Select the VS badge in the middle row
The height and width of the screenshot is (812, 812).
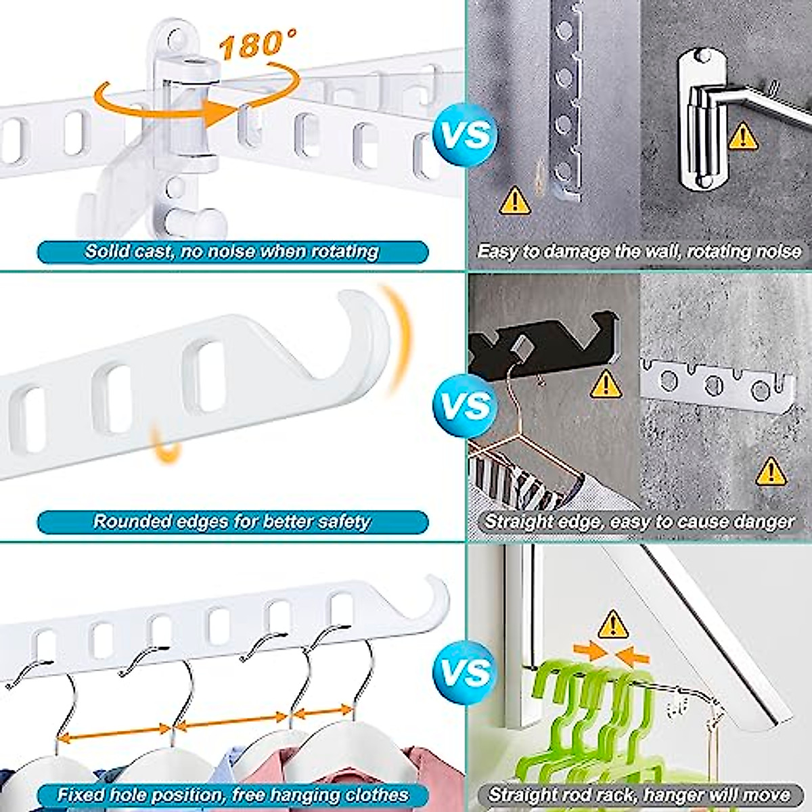tap(465, 405)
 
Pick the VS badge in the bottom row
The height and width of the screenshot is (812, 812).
tap(465, 673)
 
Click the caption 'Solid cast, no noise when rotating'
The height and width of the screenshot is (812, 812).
tap(232, 252)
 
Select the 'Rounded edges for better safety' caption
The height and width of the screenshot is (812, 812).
tap(232, 522)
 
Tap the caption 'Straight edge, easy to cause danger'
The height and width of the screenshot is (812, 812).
tap(639, 522)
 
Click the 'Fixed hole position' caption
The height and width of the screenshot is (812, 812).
tap(232, 794)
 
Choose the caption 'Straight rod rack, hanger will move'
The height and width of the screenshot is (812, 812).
tap(639, 794)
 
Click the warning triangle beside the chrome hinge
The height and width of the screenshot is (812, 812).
tap(744, 135)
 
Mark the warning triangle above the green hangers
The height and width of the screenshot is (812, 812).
tap(613, 623)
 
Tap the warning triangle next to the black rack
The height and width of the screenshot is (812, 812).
tap(606, 384)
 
